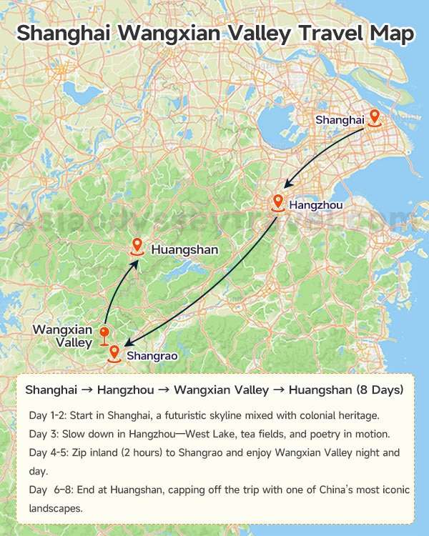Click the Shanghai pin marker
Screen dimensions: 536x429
pyautogui.click(x=374, y=118)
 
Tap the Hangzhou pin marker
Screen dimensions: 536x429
pyautogui.click(x=278, y=203)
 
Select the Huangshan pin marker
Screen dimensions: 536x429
pyautogui.click(x=137, y=247)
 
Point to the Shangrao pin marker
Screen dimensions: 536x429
pyautogui.click(x=114, y=353)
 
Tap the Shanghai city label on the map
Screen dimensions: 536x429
pyautogui.click(x=340, y=120)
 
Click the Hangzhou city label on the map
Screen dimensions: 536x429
pyautogui.click(x=316, y=206)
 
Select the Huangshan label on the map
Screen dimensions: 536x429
pyautogui.click(x=184, y=250)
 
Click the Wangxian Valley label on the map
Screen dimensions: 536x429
pyautogui.click(x=63, y=336)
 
